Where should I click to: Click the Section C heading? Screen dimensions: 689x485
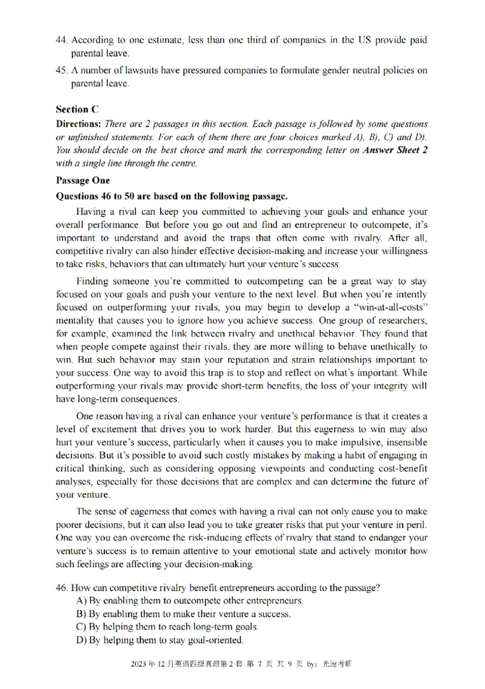click(x=77, y=110)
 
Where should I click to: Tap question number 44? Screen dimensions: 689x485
click(x=62, y=40)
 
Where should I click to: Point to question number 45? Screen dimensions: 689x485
click(x=62, y=70)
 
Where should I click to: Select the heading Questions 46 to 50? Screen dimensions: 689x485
click(x=170, y=196)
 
